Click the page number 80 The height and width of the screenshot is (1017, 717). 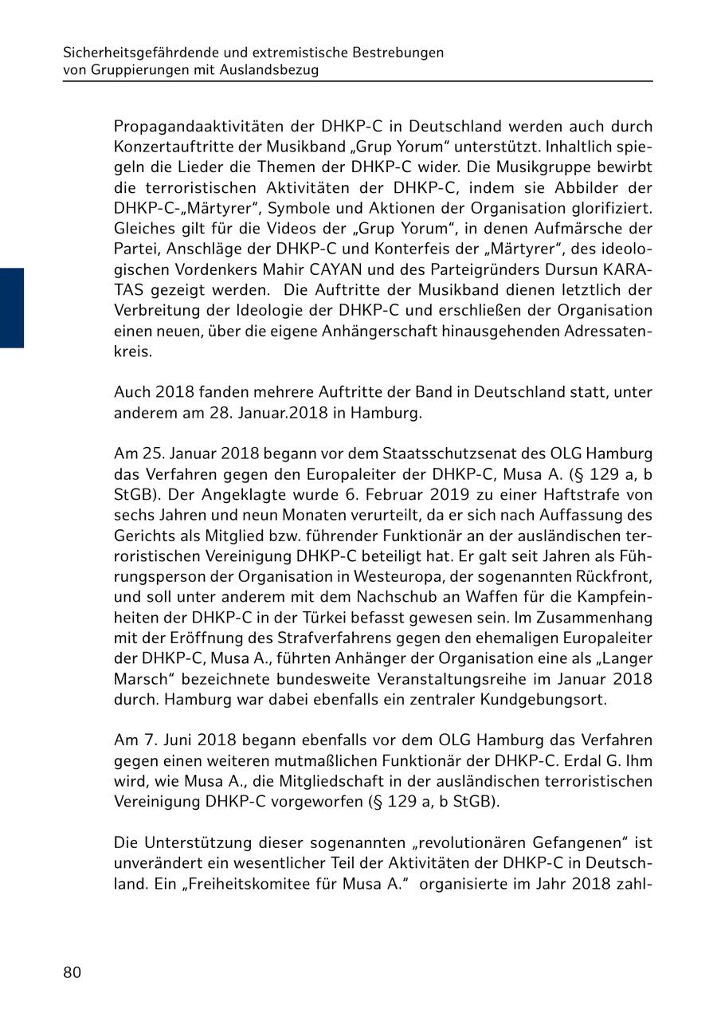(72, 972)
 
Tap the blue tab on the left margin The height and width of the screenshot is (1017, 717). (12, 308)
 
